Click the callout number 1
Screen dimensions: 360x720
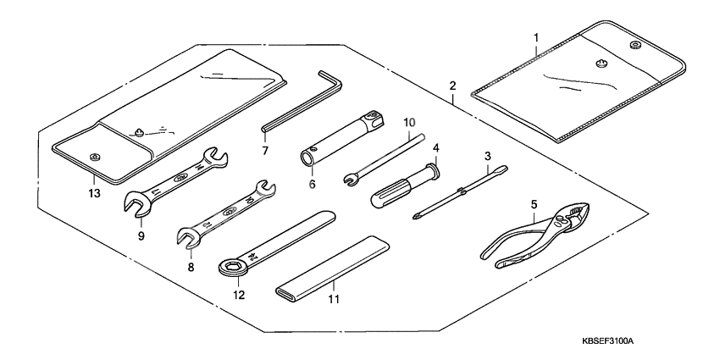[x=535, y=38]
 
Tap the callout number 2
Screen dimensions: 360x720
[x=453, y=86]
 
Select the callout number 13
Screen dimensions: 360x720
[x=92, y=193]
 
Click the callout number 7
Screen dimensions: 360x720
[x=265, y=152]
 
